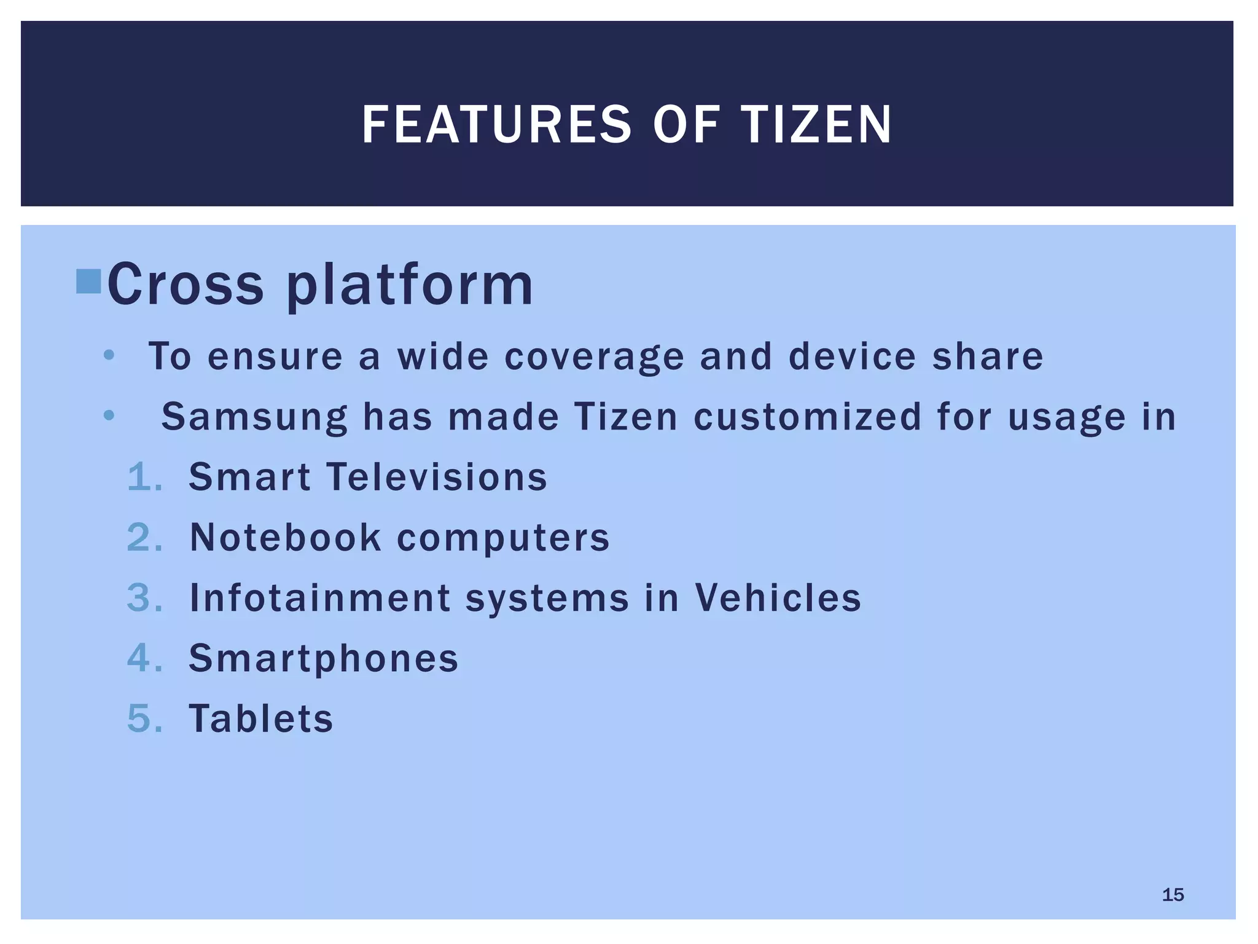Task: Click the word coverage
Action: click(x=594, y=357)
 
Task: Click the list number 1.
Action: click(x=144, y=478)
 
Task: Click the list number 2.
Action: click(x=144, y=538)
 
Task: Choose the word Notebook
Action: click(x=285, y=538)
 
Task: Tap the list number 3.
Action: click(x=144, y=598)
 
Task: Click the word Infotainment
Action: click(x=319, y=598)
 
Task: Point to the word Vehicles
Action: click(x=778, y=597)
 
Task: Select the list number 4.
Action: click(x=144, y=658)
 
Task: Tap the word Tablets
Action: click(x=260, y=718)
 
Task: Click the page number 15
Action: click(x=1173, y=895)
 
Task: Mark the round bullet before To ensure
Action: click(x=109, y=356)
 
